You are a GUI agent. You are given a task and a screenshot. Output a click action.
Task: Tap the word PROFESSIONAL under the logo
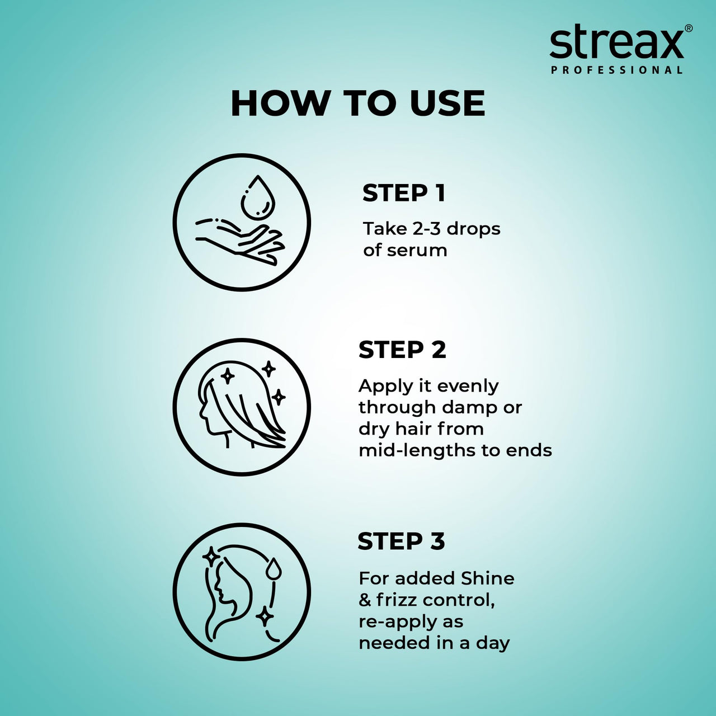tap(616, 70)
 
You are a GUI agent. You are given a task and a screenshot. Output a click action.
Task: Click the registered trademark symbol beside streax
tap(689, 28)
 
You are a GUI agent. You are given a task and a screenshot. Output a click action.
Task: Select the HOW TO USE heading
tap(357, 103)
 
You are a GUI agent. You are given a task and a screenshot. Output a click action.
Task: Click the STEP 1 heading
tap(403, 193)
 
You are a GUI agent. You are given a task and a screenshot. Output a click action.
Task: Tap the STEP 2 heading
tap(402, 350)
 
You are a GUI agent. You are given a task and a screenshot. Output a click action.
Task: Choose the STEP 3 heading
tap(401, 541)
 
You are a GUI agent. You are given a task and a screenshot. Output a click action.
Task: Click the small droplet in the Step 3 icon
tap(274, 568)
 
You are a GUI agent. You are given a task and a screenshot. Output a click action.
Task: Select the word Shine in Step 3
tap(487, 578)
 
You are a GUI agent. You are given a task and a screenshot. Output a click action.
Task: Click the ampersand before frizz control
tap(365, 600)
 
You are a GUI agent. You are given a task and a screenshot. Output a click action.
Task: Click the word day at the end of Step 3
tap(492, 644)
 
